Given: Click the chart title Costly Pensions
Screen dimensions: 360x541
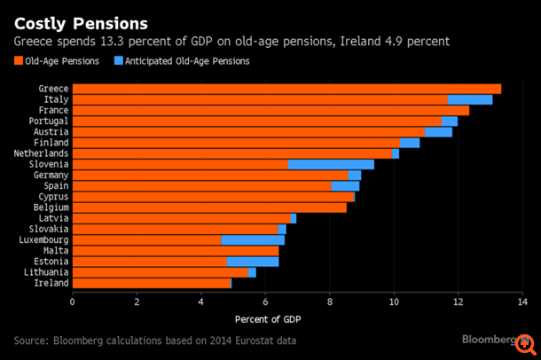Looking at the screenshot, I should (x=81, y=20).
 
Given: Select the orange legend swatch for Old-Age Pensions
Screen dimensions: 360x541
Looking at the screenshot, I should (x=18, y=61).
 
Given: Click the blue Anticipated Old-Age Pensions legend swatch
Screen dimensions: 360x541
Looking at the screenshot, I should (x=120, y=61).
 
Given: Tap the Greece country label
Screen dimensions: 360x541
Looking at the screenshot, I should (x=54, y=89).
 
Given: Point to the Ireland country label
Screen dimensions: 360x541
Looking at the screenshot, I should (x=52, y=284).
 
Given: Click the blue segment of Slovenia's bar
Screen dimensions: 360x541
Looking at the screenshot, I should (x=331, y=164).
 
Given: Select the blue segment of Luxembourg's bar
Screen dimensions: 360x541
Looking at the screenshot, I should (x=253, y=239).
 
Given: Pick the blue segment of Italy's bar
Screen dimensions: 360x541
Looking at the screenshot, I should (x=470, y=99).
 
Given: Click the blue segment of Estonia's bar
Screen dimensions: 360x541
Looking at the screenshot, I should (x=253, y=262).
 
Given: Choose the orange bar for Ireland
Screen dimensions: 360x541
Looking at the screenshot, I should (x=151, y=284).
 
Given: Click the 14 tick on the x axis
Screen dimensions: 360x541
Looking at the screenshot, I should (x=521, y=301).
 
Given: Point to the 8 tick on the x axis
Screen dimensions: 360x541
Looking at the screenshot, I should (x=330, y=301).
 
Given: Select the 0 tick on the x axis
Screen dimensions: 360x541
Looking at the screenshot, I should (x=73, y=301).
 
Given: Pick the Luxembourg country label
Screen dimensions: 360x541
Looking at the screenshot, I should (x=43, y=239).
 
